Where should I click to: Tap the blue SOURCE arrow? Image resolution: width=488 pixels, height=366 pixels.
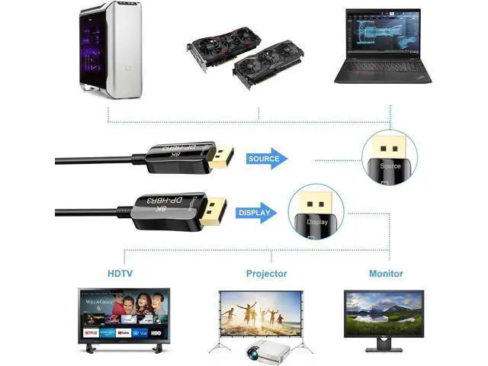tap(267, 159)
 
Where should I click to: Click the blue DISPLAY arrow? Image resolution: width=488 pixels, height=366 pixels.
tap(256, 213)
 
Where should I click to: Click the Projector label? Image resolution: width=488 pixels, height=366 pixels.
tap(266, 273)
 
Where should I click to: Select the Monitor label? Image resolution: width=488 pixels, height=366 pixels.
tap(385, 273)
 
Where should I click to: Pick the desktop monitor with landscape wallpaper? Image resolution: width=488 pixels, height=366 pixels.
tap(384, 317)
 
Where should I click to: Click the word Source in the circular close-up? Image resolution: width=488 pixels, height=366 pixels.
tap(390, 165)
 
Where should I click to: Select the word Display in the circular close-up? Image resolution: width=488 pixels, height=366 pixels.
tap(317, 222)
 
